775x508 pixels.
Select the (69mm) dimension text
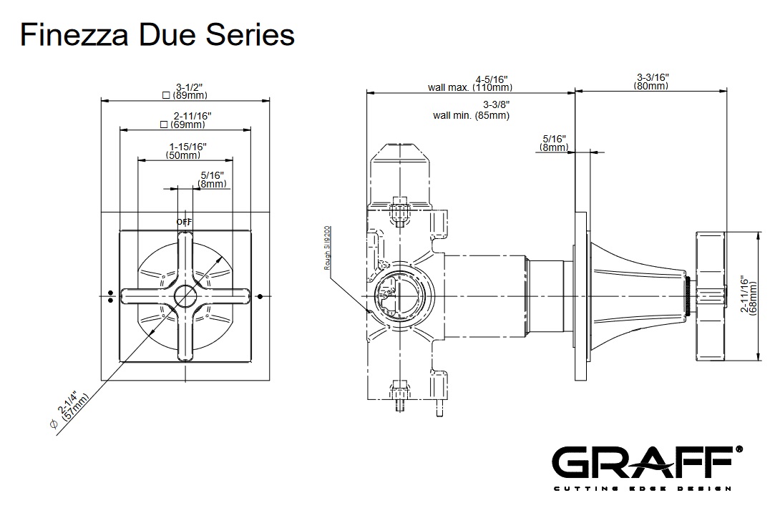pyautogui.click(x=184, y=124)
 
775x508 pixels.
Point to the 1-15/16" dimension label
pyautogui.click(x=183, y=146)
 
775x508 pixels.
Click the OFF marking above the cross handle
pyautogui.click(x=185, y=222)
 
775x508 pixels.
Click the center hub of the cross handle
pyautogui.click(x=185, y=295)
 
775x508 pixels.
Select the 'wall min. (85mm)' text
pyautogui.click(x=471, y=115)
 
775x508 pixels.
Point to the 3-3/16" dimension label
pyautogui.click(x=652, y=77)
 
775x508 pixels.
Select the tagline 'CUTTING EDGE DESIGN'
pyautogui.click(x=642, y=489)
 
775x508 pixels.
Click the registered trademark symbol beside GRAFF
pyautogui.click(x=739, y=449)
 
